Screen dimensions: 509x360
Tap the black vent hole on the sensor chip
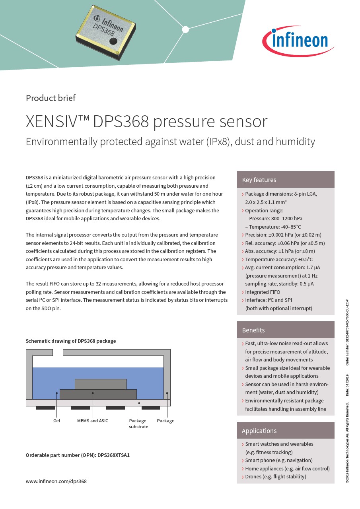click(x=113, y=41)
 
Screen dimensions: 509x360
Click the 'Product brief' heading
click(x=51, y=98)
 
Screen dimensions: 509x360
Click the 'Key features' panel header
click(x=259, y=180)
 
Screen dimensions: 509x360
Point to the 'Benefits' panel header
click(x=253, y=330)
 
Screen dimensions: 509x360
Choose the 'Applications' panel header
click(x=259, y=431)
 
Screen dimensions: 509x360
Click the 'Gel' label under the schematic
click(x=56, y=421)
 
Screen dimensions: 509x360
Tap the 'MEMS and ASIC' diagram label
click(x=93, y=421)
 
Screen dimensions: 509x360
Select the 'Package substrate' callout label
click(x=138, y=424)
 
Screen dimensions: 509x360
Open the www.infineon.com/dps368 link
click(x=56, y=481)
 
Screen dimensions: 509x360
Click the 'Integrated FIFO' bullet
click(x=263, y=292)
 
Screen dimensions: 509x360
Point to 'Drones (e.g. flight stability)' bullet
click(x=276, y=476)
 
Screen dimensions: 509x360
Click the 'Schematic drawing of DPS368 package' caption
click(x=71, y=341)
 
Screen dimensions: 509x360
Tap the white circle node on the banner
click(x=185, y=29)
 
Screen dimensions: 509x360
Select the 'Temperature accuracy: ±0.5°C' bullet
click(x=279, y=259)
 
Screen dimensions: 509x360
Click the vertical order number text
click(x=347, y=332)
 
